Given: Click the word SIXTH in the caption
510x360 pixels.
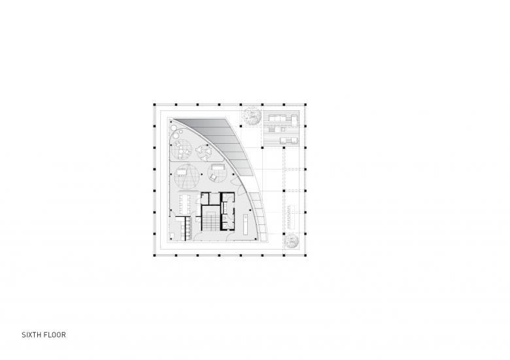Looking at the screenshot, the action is pyautogui.click(x=32, y=335).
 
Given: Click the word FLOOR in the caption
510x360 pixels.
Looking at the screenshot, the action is pyautogui.click(x=56, y=335).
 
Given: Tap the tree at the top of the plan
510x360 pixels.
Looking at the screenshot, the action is pyautogui.click(x=251, y=115).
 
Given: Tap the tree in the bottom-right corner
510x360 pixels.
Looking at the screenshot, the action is pyautogui.click(x=291, y=240).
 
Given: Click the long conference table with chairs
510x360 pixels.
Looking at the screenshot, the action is pyautogui.click(x=186, y=204).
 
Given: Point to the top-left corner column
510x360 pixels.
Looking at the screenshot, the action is pyautogui.click(x=155, y=105).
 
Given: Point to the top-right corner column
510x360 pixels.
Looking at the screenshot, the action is pyautogui.click(x=305, y=105).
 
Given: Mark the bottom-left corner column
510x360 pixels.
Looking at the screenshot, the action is pyautogui.click(x=155, y=255).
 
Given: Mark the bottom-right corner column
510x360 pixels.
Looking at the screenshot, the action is pyautogui.click(x=305, y=255).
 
